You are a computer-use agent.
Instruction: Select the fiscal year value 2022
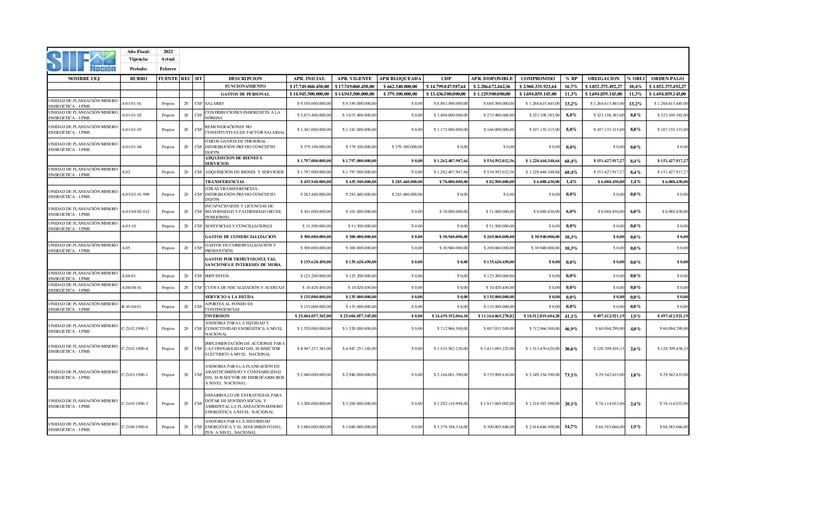pos(168,52)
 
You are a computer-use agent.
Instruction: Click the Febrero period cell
pos(168,69)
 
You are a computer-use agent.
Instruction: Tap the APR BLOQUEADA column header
pos(400,79)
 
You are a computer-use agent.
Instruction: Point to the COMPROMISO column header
pos(538,79)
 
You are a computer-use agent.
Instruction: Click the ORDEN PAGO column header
pos(667,79)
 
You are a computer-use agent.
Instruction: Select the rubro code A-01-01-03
pos(131,130)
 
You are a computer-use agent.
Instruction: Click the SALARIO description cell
pos(214,103)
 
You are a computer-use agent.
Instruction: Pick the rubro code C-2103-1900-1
pos(135,375)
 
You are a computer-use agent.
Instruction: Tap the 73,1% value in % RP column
pos(571,375)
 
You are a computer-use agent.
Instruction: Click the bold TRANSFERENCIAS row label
pos(225,182)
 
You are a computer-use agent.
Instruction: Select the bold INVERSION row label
pos(217,316)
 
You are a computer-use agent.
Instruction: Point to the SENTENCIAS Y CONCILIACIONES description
pos(239,226)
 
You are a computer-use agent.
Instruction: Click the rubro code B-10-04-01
pos(131,307)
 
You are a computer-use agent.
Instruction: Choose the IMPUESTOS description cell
pos(217,276)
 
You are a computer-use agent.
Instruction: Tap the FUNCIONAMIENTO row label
pos(245,86)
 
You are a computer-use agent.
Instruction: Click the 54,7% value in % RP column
pos(571,427)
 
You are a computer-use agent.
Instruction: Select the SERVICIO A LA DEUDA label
pos(229,297)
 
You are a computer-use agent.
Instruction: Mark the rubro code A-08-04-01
pos(131,288)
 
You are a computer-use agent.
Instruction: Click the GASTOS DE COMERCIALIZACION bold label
pos(240,237)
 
